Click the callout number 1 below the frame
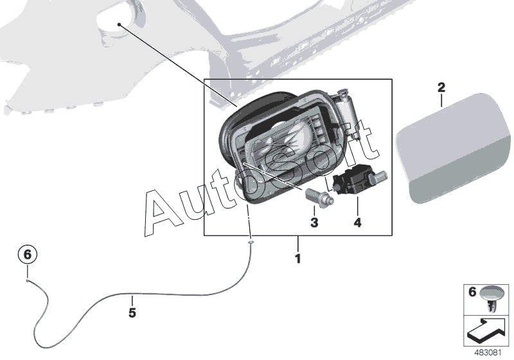[297, 258]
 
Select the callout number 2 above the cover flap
[441, 87]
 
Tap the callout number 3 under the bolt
[314, 222]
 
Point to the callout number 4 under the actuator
[357, 222]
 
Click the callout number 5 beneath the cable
[132, 313]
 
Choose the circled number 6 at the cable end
[28, 255]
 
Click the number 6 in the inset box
[472, 292]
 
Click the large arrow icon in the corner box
[486, 330]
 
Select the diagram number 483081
[488, 353]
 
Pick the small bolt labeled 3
[319, 198]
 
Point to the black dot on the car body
[119, 24]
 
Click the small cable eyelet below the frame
[251, 242]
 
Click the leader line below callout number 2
[441, 101]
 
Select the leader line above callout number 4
[357, 206]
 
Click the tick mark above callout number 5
[132, 301]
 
